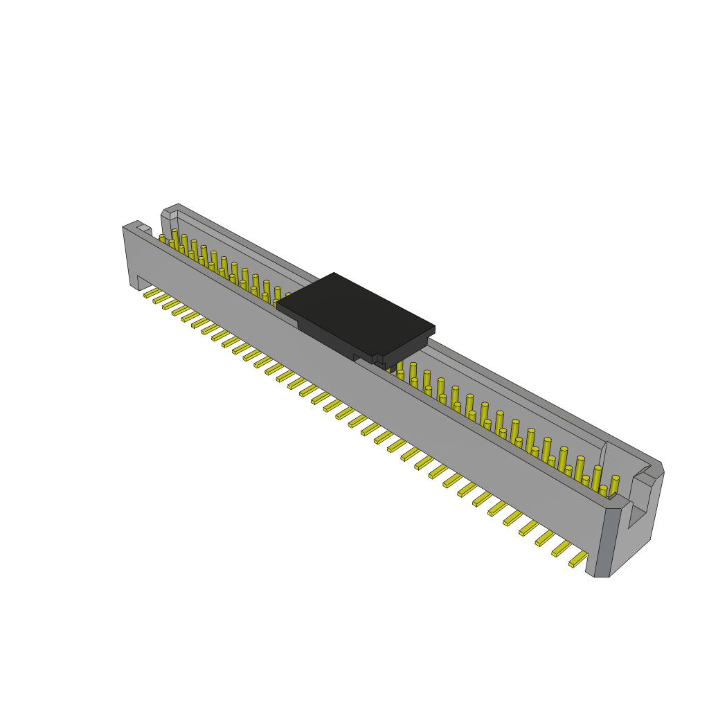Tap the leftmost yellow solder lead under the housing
152,294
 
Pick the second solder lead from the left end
161,299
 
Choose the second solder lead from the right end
562,548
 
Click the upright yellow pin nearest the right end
613,485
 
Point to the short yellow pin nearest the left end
163,238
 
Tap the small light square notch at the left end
143,227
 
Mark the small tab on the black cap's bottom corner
378,360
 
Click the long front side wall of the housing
360,388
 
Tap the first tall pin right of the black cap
413,372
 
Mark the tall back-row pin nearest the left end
174,237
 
